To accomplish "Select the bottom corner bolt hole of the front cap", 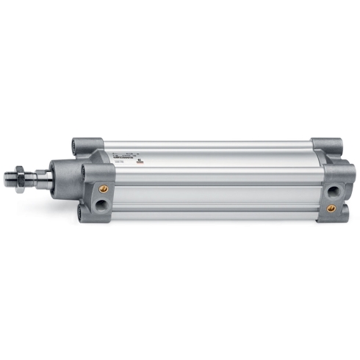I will pyautogui.click(x=82, y=212).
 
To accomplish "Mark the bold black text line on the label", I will pyautogui.click(x=120, y=156).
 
